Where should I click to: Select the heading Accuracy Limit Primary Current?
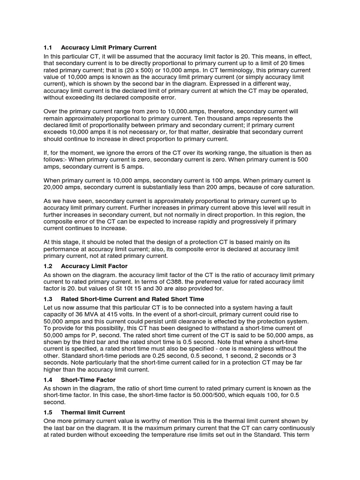click(x=109, y=48)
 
